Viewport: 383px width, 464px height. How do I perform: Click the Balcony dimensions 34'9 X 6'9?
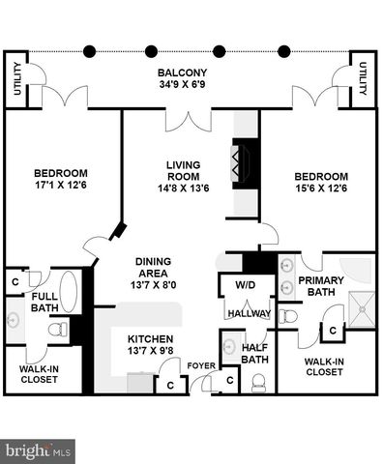coord(182,84)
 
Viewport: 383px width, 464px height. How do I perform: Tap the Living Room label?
coord(183,171)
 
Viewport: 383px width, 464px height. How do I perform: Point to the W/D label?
coord(246,285)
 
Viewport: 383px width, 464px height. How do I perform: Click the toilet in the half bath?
coord(257,383)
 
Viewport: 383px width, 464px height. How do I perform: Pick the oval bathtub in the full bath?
coord(69,292)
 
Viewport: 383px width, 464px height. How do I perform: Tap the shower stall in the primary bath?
coord(362,309)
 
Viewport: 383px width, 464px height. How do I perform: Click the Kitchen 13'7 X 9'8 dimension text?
coord(151,351)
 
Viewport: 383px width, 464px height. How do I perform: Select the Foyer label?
coord(201,365)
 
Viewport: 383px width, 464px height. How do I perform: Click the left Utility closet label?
coord(17,79)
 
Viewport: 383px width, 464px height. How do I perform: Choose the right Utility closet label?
coord(363,78)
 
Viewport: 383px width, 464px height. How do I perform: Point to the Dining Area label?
coord(153,268)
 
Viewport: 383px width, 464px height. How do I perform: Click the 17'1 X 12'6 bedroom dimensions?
coord(61,185)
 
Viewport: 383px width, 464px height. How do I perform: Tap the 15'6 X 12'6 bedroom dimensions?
coord(321,188)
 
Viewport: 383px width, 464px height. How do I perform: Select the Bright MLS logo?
coord(38,451)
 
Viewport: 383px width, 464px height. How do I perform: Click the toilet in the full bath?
coord(58,330)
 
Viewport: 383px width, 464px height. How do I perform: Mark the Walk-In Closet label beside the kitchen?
coord(39,374)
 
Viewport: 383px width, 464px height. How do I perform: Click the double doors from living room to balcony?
coord(189,121)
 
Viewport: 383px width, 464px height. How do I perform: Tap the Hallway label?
coord(250,313)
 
